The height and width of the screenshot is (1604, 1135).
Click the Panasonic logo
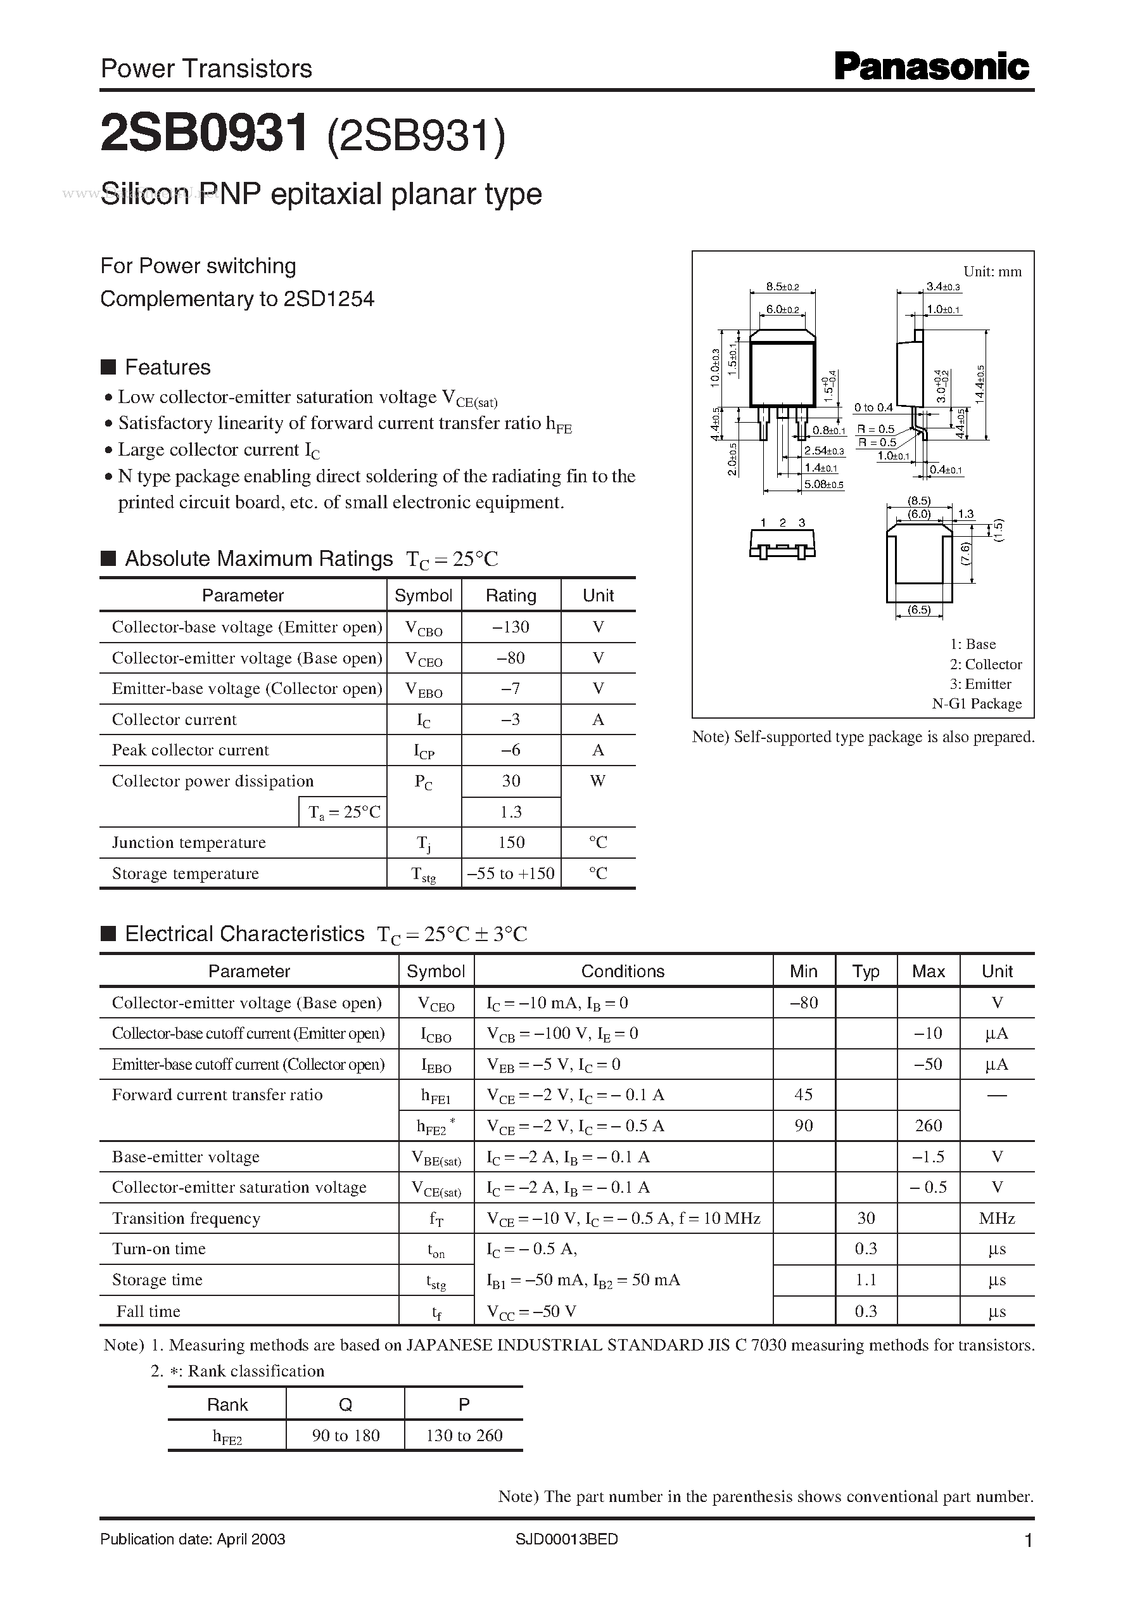click(932, 68)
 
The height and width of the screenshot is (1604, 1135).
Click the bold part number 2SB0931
click(204, 134)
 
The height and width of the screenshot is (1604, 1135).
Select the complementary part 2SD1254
click(329, 299)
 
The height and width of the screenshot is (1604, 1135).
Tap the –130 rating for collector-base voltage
click(511, 627)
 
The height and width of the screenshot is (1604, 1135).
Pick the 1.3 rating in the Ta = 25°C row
click(511, 812)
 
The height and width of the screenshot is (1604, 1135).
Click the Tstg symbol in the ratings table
click(424, 874)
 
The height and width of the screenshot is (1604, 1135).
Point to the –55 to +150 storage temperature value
click(511, 873)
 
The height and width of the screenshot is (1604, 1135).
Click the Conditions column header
click(623, 972)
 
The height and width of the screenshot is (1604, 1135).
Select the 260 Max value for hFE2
click(928, 1126)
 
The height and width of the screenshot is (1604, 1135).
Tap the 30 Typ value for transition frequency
click(866, 1218)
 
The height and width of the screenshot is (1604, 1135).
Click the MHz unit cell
click(997, 1218)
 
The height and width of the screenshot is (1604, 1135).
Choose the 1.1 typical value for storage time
click(866, 1280)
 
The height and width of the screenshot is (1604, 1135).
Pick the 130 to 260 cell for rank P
click(464, 1435)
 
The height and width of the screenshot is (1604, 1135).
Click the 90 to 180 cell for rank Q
click(346, 1435)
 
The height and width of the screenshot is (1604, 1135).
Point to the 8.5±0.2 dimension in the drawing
click(782, 286)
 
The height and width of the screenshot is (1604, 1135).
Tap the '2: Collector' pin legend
click(986, 664)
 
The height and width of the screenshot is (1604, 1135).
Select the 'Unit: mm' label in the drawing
click(992, 272)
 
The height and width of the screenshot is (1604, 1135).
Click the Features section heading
click(167, 367)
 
